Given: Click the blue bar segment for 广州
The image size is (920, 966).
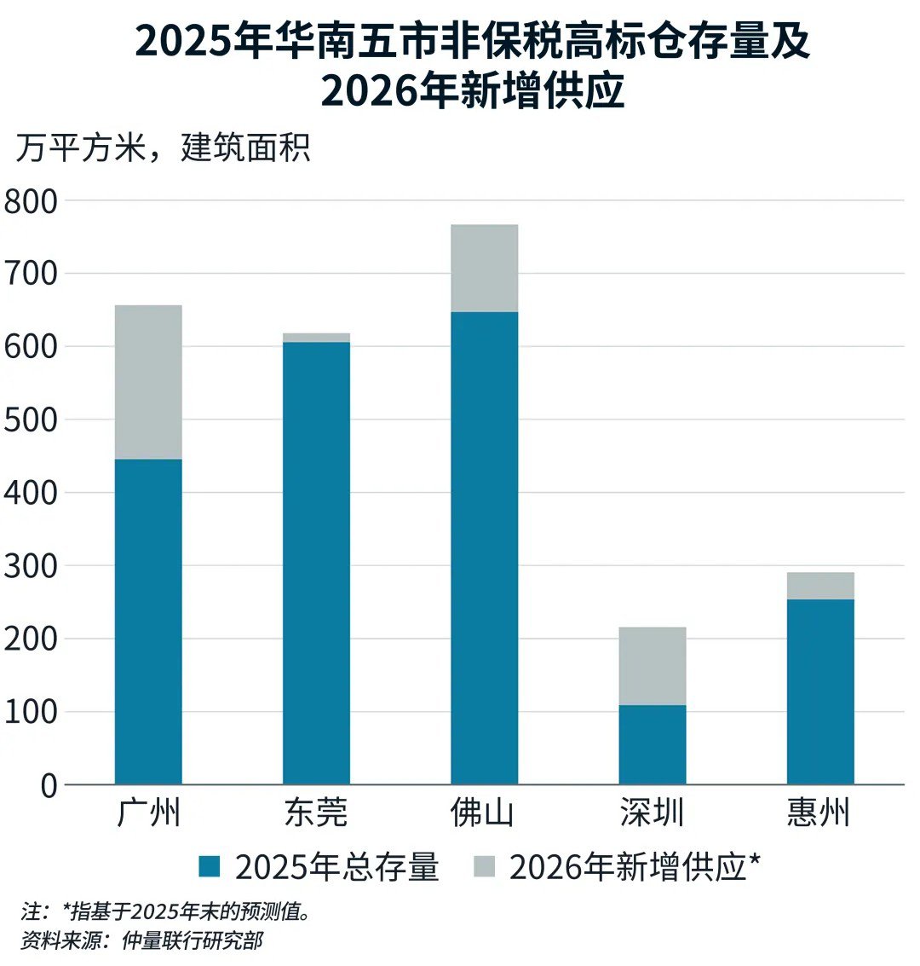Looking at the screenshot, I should point(148,622).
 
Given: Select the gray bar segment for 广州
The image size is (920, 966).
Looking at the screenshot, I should point(148,382).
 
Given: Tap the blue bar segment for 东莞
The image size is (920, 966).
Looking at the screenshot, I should point(316,563).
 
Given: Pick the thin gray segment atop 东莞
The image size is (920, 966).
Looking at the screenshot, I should point(316,338).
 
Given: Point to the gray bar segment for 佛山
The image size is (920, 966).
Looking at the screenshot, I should point(484,269).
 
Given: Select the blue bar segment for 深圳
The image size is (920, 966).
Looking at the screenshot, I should point(653,744).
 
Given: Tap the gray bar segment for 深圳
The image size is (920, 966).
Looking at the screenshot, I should point(653,666).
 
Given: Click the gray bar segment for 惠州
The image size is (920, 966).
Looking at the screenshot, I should point(820,586).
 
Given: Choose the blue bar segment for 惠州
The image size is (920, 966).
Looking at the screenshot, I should point(820,691).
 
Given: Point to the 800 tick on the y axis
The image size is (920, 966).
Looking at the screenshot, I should point(30,202).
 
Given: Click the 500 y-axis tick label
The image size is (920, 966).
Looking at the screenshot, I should point(30,420).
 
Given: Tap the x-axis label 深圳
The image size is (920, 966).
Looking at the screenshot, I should point(653,813).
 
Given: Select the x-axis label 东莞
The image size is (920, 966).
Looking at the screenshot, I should point(316,813).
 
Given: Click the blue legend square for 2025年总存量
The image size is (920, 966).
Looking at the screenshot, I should point(210,868).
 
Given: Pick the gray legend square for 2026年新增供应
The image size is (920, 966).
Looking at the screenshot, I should point(483,868).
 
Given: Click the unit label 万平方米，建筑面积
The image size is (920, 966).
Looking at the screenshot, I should point(163,149).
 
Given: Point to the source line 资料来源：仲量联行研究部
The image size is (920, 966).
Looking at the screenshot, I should point(141,941).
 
